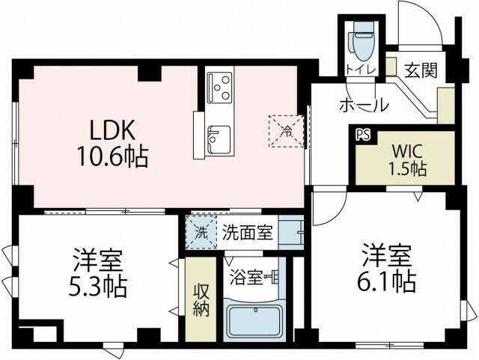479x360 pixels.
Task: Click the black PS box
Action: (x=363, y=135)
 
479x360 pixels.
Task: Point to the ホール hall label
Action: (x=364, y=105)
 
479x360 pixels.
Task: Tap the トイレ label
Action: (x=361, y=70)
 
